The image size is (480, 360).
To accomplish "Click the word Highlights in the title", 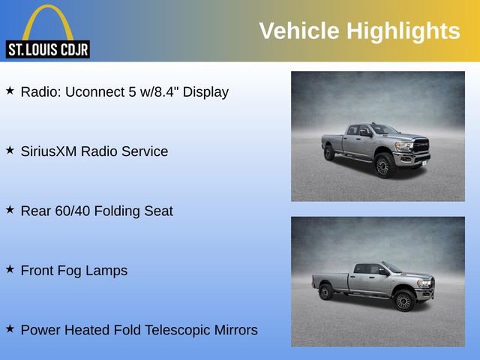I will tap(403, 31).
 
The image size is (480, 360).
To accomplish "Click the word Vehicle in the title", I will tap(298, 31).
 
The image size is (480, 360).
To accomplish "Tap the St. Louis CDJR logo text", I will tap(47, 50).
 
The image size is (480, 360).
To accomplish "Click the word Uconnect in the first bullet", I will tap(95, 92).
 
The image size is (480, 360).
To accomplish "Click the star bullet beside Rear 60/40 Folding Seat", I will tap(10, 210).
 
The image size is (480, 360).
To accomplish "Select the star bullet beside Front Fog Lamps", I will tap(10, 269).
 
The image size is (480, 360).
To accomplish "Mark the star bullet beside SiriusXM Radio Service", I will tap(10, 150).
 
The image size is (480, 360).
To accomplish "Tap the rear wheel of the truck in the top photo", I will tap(329, 154).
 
